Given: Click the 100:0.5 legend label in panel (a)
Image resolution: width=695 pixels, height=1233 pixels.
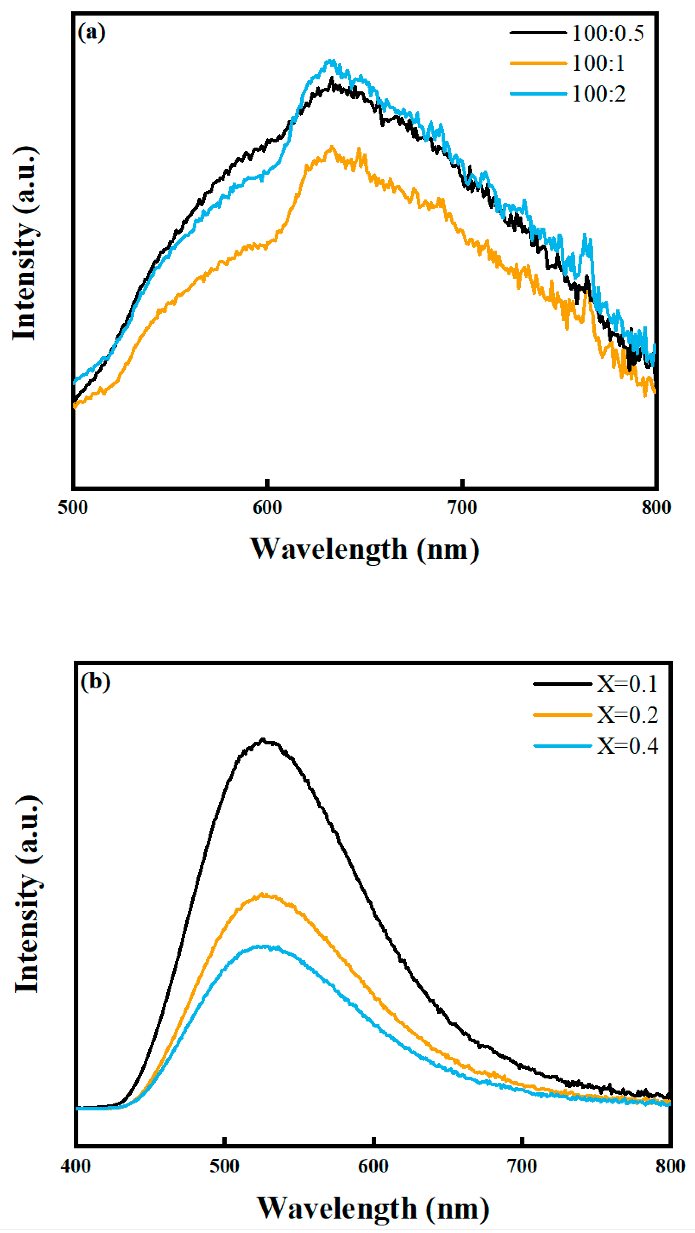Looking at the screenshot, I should [x=607, y=34].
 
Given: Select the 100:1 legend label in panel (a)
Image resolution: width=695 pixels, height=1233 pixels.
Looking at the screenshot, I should [x=598, y=63].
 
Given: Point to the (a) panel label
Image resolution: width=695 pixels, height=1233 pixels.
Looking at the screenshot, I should [x=91, y=33].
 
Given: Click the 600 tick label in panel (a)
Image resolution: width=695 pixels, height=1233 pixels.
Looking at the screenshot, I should [x=267, y=507].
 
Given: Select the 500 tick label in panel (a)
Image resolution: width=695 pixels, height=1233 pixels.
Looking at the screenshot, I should [x=73, y=507].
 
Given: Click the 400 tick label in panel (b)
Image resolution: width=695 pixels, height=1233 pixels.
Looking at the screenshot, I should [x=76, y=1166].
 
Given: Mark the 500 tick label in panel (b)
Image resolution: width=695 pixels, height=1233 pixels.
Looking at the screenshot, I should [x=224, y=1166].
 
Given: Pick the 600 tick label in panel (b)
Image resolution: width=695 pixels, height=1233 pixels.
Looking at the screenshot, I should [x=373, y=1166].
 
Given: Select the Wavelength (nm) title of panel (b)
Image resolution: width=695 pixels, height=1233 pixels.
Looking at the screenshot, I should [x=373, y=1208].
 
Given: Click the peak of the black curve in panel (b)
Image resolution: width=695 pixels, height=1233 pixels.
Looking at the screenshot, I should [x=262, y=739].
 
